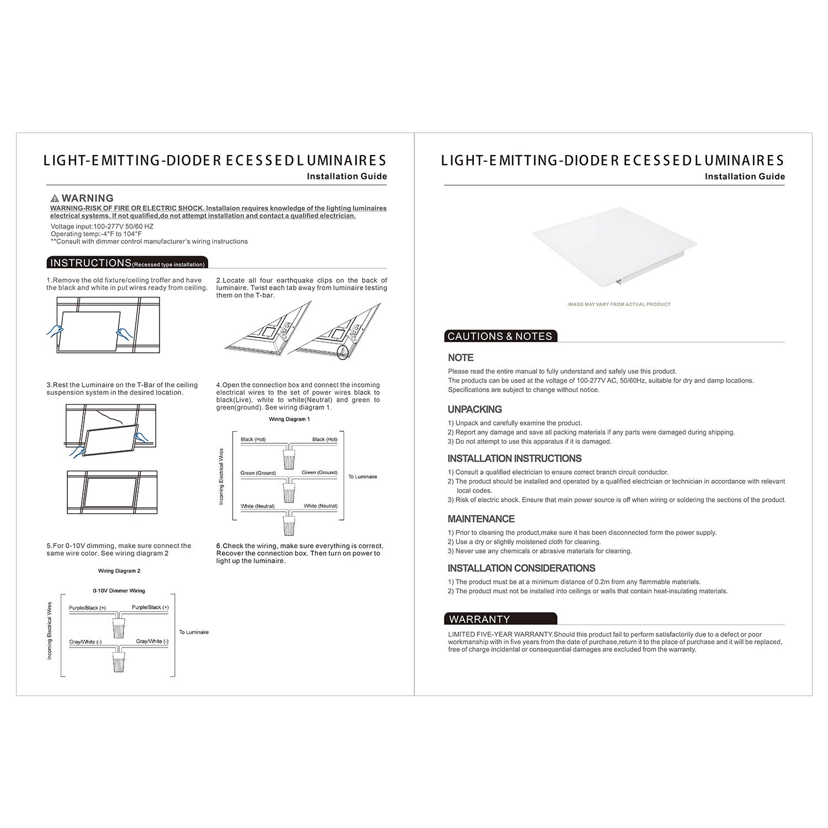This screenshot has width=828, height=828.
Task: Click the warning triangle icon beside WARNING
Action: click(x=55, y=198)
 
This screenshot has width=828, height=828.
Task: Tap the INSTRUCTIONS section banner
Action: click(x=128, y=263)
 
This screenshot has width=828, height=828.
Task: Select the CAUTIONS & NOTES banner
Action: click(x=500, y=336)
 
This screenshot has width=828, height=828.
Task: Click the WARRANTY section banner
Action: click(x=500, y=619)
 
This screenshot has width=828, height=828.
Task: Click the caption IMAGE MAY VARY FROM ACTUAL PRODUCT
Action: click(x=619, y=304)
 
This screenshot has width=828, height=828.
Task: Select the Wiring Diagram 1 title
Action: click(x=289, y=419)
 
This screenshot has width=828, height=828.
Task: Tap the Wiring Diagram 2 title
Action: click(x=119, y=571)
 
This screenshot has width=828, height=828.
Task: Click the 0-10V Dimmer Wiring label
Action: click(x=119, y=591)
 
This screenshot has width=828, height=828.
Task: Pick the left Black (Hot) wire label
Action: click(x=253, y=439)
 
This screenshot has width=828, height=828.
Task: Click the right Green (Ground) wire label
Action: click(x=319, y=473)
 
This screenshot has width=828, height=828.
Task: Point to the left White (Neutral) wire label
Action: click(x=257, y=506)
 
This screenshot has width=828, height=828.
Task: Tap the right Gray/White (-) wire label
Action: click(x=152, y=641)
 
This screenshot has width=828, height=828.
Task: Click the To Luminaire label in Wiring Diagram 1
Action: click(x=363, y=476)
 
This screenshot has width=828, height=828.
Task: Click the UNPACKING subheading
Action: click(x=475, y=409)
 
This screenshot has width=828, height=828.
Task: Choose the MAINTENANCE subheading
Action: click(x=481, y=519)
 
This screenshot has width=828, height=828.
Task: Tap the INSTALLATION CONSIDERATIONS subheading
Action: click(x=521, y=568)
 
